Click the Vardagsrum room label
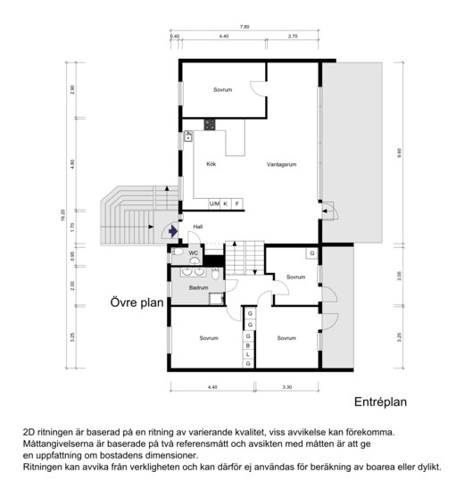tap(281, 164)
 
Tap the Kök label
tap(211, 164)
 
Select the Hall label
tap(198, 227)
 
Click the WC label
tap(194, 253)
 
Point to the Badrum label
tap(198, 288)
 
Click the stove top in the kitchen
tap(210, 125)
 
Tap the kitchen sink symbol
tap(188, 137)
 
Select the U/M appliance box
tap(214, 203)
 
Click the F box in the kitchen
tap(237, 203)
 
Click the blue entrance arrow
tap(173, 231)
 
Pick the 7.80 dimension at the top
tap(244, 27)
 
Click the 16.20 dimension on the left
tap(62, 215)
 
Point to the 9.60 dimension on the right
tap(400, 153)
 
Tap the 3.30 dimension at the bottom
tap(286, 387)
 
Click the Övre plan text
tap(137, 302)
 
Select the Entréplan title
tap(380, 402)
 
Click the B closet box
tap(248, 345)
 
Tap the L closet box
tap(248, 354)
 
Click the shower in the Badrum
tap(217, 299)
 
